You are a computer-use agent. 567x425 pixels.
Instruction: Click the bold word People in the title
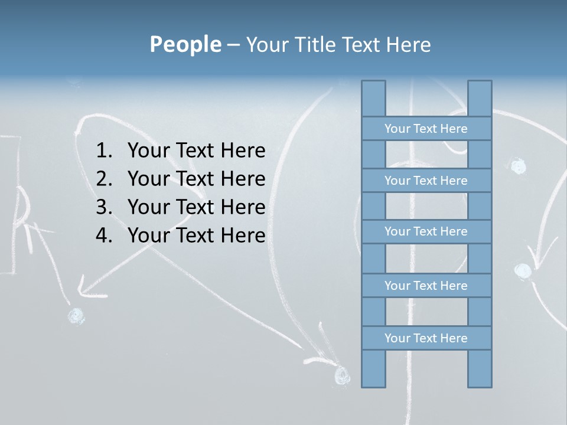[x=185, y=44]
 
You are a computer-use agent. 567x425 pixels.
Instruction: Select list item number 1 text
[x=196, y=151]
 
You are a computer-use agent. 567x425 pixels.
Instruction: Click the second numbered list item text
[x=196, y=179]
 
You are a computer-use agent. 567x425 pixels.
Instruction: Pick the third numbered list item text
[x=196, y=207]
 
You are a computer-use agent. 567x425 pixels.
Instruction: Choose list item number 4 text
[x=196, y=236]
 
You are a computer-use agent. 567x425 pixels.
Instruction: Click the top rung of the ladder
[x=426, y=129]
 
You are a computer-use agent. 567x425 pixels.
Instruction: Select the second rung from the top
[x=426, y=181]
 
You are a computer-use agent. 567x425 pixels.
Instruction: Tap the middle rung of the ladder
[x=426, y=231]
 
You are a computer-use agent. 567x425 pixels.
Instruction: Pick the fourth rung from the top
[x=426, y=286]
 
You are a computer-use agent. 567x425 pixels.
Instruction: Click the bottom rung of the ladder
[x=426, y=338]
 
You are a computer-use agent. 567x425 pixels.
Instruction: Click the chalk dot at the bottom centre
[x=341, y=374]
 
